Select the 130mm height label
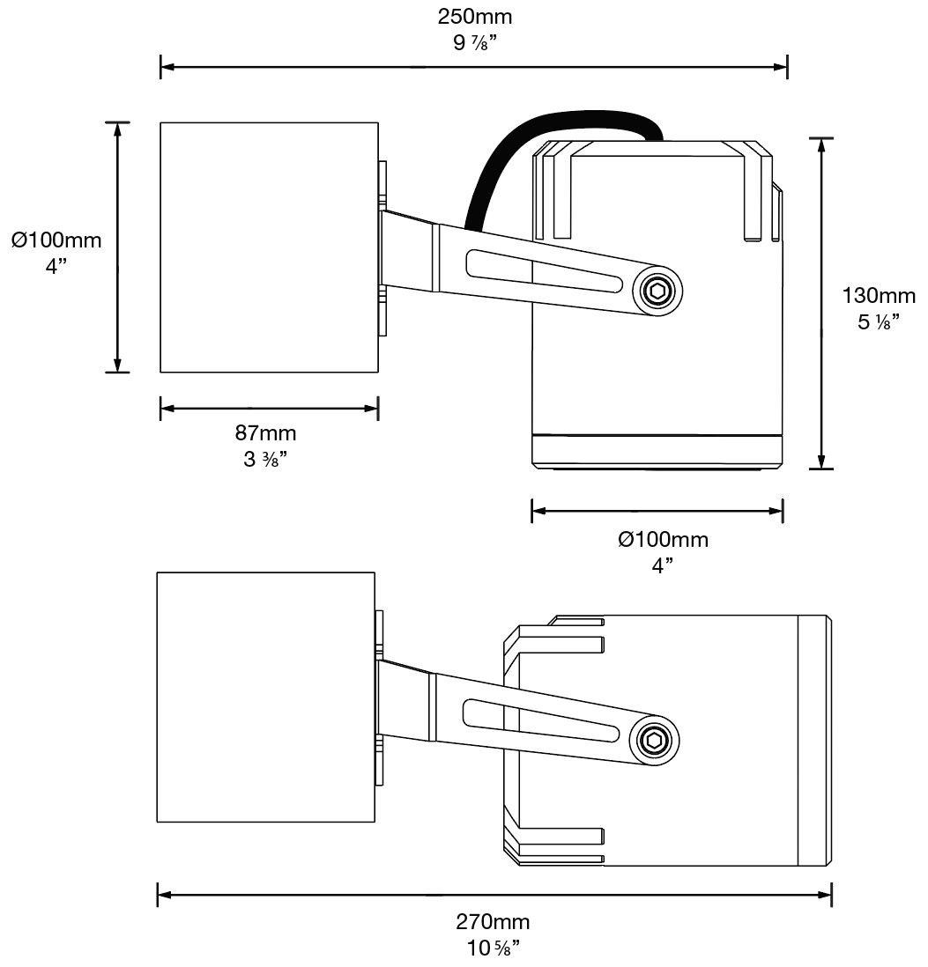click(879, 296)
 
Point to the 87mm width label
click(265, 432)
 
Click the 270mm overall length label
click(493, 922)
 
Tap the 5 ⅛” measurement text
click(879, 321)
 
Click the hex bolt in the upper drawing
click(657, 291)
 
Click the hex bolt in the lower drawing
click(654, 741)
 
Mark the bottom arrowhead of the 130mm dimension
click(821, 461)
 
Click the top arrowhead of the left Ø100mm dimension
click(117, 129)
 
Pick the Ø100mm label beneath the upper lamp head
click(663, 539)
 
